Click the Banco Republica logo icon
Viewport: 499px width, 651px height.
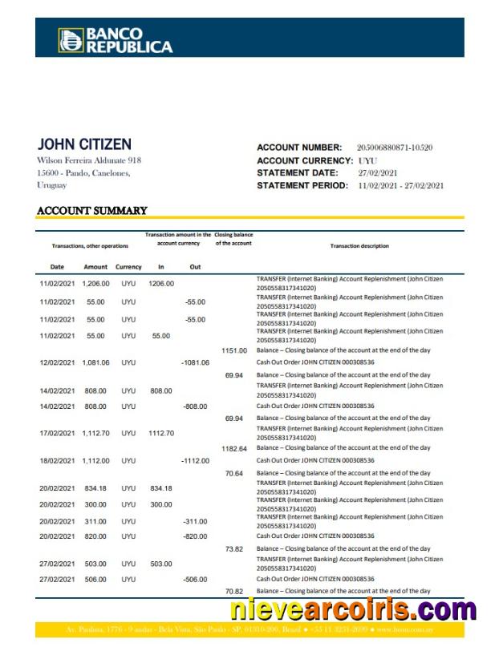point(70,40)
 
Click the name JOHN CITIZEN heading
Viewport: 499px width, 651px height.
point(84,145)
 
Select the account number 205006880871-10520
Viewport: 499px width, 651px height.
point(394,148)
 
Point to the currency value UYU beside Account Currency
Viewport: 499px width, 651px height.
point(367,160)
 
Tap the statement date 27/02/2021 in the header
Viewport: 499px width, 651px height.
point(378,173)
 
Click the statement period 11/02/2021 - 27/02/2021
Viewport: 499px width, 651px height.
point(400,186)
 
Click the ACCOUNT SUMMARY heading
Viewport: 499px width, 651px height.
point(92,211)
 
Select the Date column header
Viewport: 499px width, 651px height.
point(57,267)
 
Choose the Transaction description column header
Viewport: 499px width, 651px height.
point(359,246)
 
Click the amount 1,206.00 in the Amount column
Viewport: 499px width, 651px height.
point(95,284)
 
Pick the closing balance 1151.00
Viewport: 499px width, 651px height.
point(234,350)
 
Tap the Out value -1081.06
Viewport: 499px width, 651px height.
point(195,362)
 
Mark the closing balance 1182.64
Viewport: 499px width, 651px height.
point(234,449)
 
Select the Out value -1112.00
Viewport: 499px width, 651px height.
point(195,461)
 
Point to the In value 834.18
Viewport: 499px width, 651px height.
point(161,488)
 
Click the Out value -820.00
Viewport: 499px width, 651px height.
point(195,536)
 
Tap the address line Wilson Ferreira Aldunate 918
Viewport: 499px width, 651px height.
point(89,160)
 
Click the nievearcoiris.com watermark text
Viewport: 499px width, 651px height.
point(353,611)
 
